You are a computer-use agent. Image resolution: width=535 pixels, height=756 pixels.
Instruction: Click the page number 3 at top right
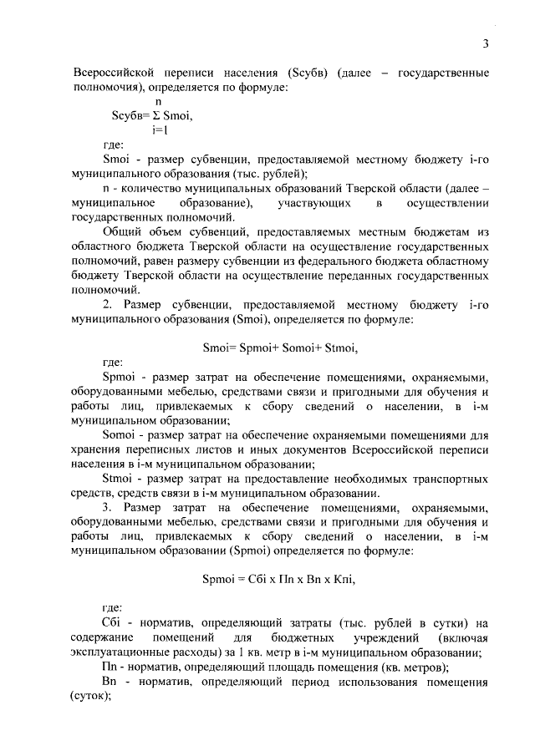coord(485,44)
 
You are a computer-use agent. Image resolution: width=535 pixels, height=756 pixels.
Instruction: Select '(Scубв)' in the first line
coord(300,73)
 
